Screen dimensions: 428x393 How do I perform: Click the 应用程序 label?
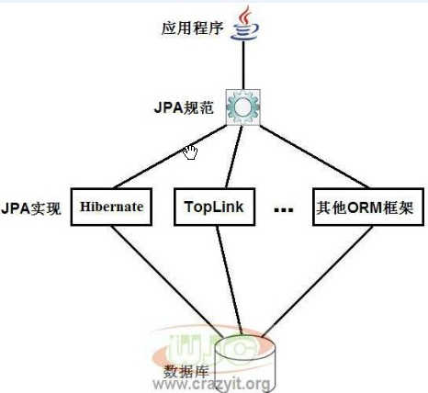point(192,28)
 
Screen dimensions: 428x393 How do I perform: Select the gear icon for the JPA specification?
point(243,107)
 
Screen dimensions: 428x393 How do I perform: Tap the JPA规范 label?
point(184,107)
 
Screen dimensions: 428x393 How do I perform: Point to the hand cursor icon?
point(190,152)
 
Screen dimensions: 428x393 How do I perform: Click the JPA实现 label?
point(31,208)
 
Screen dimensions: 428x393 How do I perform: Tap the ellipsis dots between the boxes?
point(284,210)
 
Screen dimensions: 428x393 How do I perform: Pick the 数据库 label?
point(186,372)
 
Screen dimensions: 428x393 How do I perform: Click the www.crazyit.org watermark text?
point(211,384)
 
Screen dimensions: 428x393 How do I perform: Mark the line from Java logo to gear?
point(243,65)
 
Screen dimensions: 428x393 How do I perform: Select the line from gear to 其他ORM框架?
point(314,156)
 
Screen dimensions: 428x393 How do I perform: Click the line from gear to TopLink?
point(234,156)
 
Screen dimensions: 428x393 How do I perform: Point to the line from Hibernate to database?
point(167,281)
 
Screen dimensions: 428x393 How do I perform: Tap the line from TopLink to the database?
point(229,280)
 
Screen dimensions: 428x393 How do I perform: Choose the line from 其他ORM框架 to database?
point(317,281)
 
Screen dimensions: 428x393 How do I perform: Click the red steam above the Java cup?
point(245,16)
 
